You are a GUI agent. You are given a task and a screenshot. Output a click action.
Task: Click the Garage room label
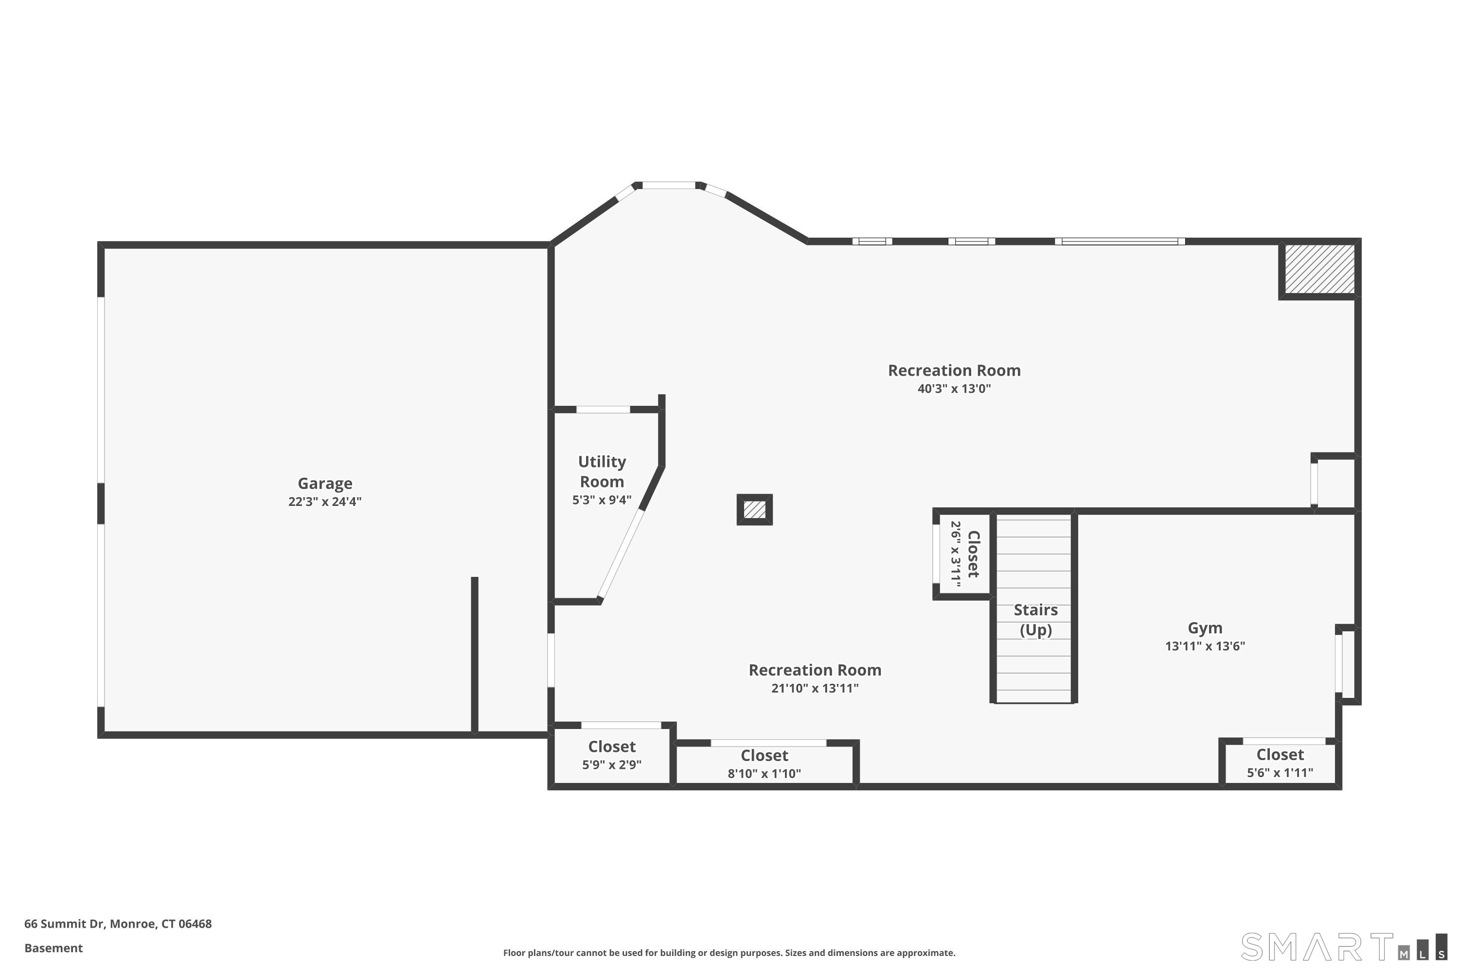(x=324, y=484)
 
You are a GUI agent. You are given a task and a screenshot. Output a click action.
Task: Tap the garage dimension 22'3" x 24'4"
(x=324, y=502)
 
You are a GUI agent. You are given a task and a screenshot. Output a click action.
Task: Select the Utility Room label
(x=602, y=472)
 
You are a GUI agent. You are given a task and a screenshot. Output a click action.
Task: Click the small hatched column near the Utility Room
(x=754, y=509)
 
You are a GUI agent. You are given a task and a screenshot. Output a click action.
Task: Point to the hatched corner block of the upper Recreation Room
(x=1319, y=269)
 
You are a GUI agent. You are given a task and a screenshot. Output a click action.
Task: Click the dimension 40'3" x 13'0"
(x=954, y=389)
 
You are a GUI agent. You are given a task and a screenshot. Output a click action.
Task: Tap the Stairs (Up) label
(x=1035, y=620)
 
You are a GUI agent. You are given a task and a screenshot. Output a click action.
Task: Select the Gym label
(x=1205, y=628)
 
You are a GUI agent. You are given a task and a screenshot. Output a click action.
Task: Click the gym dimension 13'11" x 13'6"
(x=1205, y=646)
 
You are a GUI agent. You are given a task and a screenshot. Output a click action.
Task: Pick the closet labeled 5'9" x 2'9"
(x=612, y=755)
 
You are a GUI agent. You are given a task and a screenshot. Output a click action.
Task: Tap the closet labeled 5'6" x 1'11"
(x=1280, y=763)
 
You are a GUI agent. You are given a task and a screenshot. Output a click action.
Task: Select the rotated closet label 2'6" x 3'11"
(x=964, y=554)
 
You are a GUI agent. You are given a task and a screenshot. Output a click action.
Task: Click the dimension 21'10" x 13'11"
(x=815, y=688)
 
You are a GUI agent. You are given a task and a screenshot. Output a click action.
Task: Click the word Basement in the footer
(x=53, y=948)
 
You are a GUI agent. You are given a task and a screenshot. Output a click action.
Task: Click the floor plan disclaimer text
(x=729, y=953)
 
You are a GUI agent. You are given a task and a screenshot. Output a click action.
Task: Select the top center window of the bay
(x=669, y=185)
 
